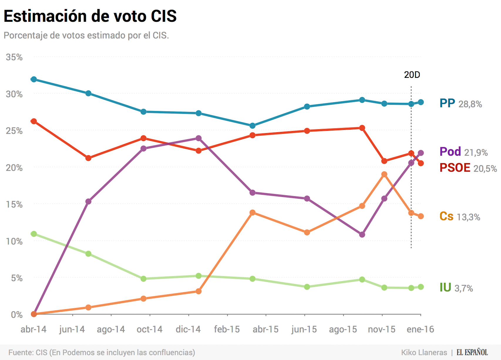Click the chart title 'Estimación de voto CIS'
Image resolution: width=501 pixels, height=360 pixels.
[90, 16]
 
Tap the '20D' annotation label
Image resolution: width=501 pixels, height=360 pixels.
[412, 75]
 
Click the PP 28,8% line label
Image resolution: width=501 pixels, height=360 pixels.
[460, 103]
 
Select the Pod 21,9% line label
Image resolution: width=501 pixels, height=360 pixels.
[463, 152]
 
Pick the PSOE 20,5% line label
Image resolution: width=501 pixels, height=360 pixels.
[468, 168]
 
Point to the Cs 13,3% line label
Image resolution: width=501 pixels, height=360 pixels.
[459, 217]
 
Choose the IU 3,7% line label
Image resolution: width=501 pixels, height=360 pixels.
[456, 288]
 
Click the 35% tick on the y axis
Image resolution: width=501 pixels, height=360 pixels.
[14, 57]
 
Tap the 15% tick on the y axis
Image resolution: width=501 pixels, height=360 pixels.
[14, 204]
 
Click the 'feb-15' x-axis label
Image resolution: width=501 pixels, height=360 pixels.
[227, 329]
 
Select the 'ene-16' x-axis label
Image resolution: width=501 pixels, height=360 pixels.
[420, 329]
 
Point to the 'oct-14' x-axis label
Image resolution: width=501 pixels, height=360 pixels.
[149, 329]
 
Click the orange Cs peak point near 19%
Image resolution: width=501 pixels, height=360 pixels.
[384, 175]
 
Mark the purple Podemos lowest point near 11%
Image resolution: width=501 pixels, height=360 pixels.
[362, 235]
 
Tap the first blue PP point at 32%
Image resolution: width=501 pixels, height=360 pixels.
[34, 79]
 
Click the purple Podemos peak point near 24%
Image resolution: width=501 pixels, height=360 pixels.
[199, 138]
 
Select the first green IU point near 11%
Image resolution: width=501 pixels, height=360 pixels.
[34, 234]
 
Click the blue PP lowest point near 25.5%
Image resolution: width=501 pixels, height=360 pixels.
[252, 126]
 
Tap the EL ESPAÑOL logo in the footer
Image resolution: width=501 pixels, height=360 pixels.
[472, 352]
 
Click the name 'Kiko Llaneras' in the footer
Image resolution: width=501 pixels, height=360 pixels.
[424, 352]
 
